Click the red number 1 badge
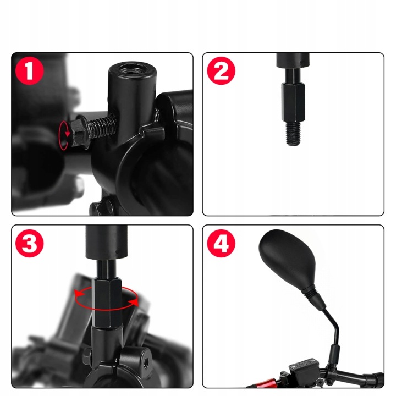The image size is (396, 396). click(x=30, y=70)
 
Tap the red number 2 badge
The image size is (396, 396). click(x=221, y=70)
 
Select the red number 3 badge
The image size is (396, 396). click(x=30, y=243)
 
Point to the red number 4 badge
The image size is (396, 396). click(x=221, y=243)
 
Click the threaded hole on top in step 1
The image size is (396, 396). click(x=132, y=69)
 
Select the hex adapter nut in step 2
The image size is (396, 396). click(x=293, y=103)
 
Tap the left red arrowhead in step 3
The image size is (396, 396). click(x=79, y=293)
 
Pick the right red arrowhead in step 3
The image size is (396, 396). click(x=133, y=302)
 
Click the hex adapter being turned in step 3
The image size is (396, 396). click(x=107, y=302)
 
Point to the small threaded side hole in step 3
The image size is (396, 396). click(x=146, y=362)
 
